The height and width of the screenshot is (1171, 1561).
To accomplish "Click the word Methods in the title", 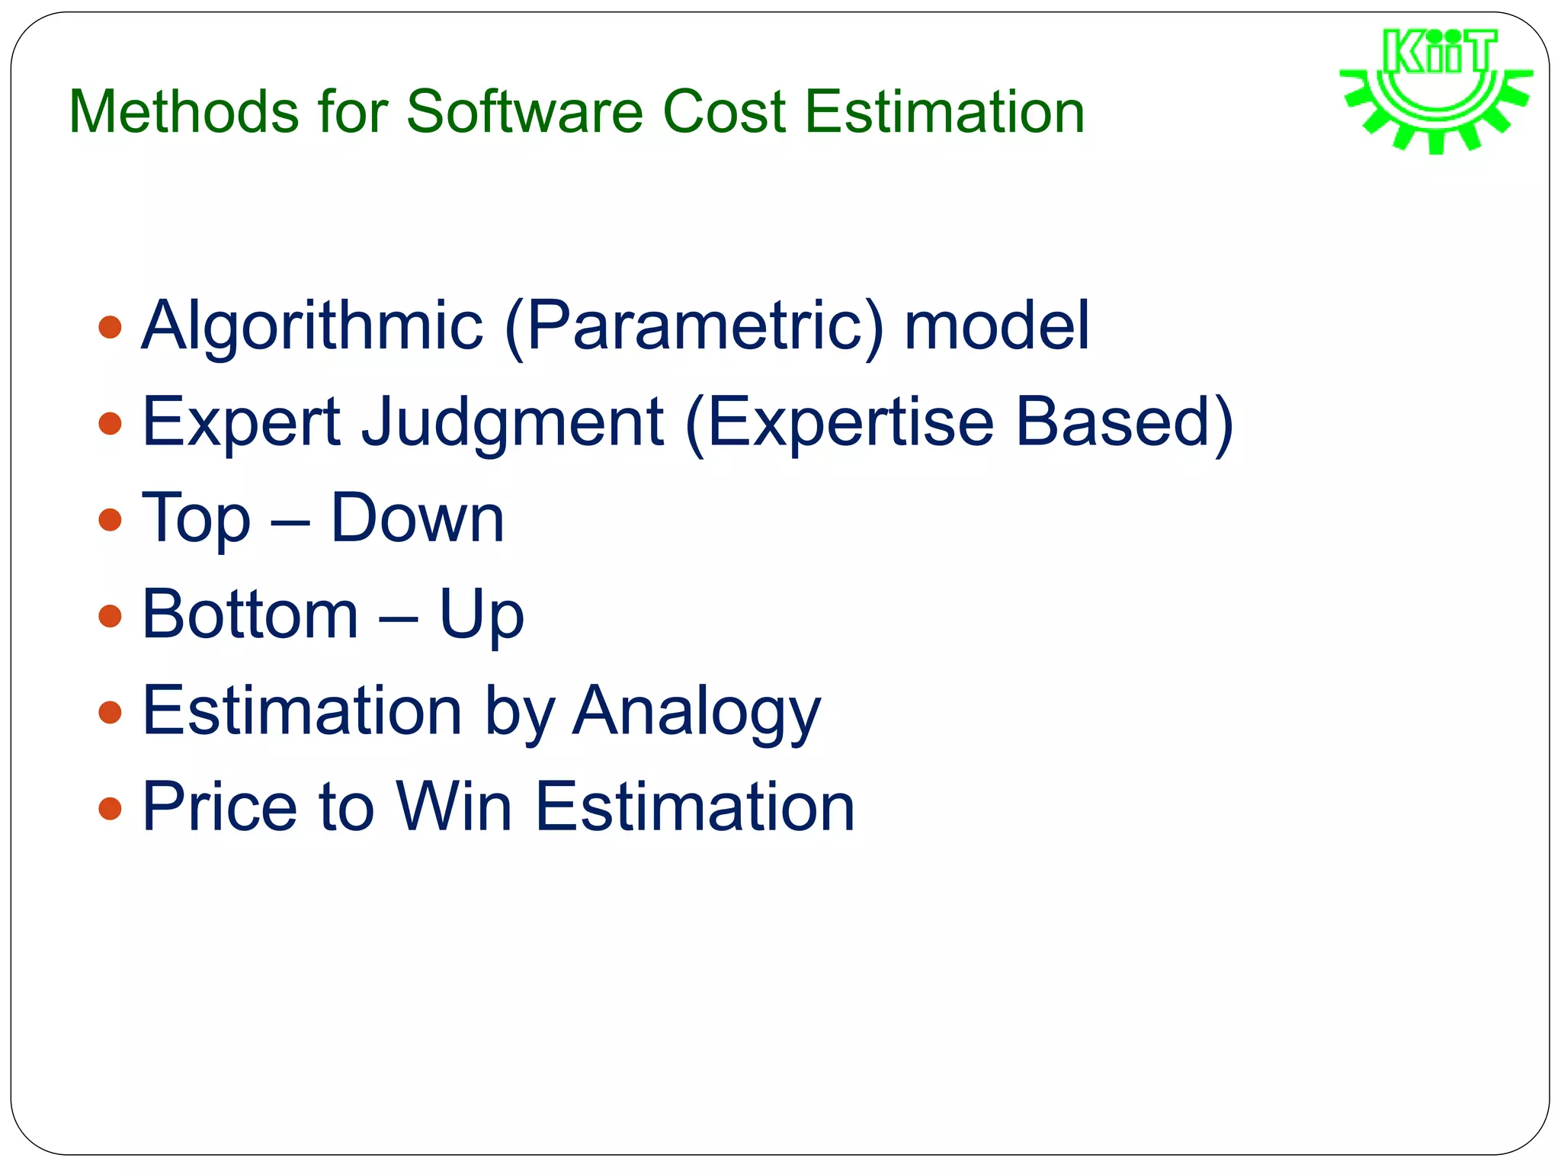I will coord(184,112).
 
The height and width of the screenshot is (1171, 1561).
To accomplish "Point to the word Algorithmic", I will coord(313,326).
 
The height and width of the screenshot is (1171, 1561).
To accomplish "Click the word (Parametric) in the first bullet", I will coord(694,326).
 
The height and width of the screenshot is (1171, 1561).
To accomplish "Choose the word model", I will coord(996,326).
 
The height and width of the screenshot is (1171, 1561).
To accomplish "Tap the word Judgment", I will coord(512,422).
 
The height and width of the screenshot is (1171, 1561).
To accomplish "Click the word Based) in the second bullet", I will coord(1124,422).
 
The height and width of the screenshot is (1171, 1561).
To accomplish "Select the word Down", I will coord(417,518).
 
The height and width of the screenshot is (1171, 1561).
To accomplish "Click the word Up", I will coord(482,616).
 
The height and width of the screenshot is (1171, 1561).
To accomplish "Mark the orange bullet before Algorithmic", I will coord(111,328).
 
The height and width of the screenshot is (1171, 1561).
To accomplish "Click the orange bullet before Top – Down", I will coord(111,520).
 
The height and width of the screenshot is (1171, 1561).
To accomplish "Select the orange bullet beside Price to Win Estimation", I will coord(111,808).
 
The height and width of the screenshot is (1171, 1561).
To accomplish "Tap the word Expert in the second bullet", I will coord(242,422).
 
